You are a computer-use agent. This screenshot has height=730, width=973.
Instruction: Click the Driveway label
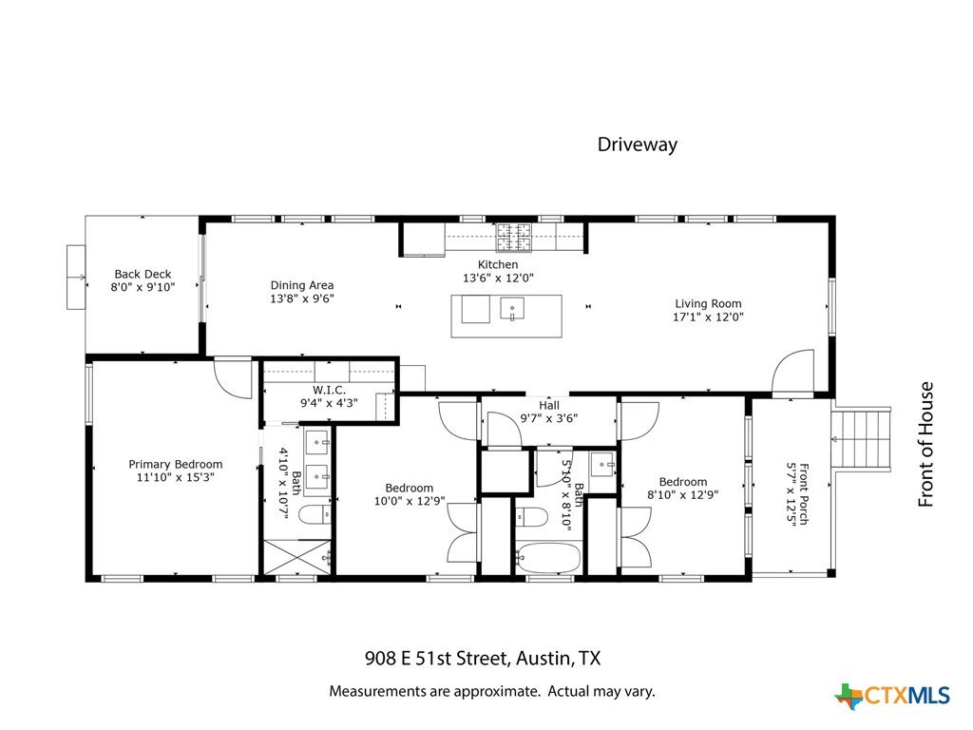click(x=638, y=144)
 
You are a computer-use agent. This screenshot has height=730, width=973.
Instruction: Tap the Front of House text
click(x=925, y=445)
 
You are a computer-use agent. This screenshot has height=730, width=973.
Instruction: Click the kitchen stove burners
click(x=514, y=237)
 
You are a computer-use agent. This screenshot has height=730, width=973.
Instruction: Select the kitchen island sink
click(x=512, y=309)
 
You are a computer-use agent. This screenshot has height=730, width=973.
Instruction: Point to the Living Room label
click(x=708, y=303)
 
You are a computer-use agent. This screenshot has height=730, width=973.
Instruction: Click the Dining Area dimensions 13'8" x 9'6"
click(x=302, y=298)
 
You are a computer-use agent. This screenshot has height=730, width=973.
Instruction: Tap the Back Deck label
click(x=143, y=274)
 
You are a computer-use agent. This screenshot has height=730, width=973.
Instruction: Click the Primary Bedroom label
click(x=176, y=464)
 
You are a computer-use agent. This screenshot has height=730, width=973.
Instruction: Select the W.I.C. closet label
click(x=329, y=390)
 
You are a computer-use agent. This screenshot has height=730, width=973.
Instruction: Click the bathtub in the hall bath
click(x=548, y=557)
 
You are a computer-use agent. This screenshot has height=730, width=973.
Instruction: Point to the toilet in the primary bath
click(x=315, y=514)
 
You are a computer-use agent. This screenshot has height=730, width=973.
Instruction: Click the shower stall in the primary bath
click(x=297, y=557)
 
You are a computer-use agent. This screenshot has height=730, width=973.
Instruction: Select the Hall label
click(x=549, y=405)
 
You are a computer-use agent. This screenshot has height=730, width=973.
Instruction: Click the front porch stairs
click(x=862, y=438)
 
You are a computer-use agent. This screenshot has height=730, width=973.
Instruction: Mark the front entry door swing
click(x=793, y=372)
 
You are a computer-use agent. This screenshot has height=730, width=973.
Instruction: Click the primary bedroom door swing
click(x=233, y=377)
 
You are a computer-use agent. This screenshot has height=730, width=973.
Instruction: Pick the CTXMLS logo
click(x=891, y=696)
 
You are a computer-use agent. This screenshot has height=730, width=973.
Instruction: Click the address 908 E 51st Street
click(x=437, y=658)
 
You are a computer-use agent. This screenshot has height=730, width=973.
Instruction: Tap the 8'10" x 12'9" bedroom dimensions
click(x=682, y=495)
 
